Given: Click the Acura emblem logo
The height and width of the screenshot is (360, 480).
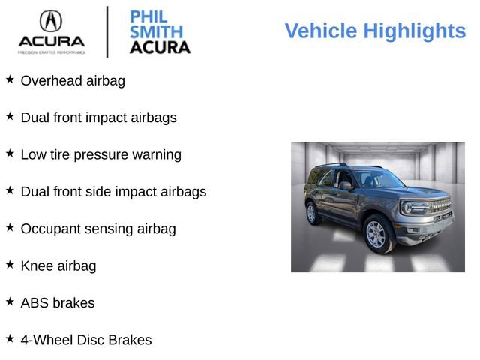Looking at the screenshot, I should coord(51,20).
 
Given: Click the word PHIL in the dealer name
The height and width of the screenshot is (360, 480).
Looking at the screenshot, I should coord(148,16).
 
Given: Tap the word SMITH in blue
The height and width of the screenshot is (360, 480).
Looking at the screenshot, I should coord(155,32).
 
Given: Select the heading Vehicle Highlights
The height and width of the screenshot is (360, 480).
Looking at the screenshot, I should coord(375,31).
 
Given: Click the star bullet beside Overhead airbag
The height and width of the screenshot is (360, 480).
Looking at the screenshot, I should coord(10,79).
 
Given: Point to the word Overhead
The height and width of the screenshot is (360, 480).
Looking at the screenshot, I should coord(52,81).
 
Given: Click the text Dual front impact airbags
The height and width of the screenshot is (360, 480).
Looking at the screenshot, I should coord(98,118).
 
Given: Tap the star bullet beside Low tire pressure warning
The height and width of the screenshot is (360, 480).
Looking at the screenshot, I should coord(10,153).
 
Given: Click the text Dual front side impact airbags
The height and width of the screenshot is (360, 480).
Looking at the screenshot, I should coord(113,192).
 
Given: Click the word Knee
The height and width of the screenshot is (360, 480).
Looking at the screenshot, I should coord(37,265).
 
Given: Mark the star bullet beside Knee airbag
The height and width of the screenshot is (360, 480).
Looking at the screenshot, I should coord(10,264).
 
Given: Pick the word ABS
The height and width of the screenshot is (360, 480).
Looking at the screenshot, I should coord(34,303).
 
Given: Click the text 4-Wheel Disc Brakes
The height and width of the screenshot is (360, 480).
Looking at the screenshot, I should coord(85,340).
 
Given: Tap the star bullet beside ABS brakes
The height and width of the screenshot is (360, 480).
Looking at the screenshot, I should coord(10,301).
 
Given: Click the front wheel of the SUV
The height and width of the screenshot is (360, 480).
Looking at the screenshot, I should coord(376,234).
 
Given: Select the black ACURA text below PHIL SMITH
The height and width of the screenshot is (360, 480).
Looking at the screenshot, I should coord(160,47).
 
